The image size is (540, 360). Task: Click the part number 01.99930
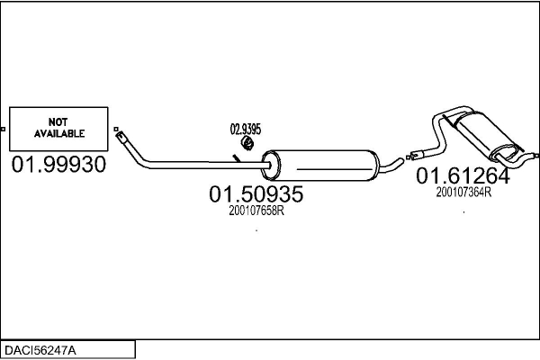[58, 166]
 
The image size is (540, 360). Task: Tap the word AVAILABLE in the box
[58, 133]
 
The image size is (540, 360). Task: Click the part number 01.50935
[256, 194]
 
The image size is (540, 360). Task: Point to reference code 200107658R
[256, 211]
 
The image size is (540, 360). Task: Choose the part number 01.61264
[462, 176]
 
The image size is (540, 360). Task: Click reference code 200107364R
[463, 191]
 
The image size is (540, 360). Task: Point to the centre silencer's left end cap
[267, 167]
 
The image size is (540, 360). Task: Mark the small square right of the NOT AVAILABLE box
[116, 129]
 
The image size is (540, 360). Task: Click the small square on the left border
[3, 130]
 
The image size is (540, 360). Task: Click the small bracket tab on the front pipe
[236, 158]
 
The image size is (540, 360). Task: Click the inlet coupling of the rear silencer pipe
[417, 155]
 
